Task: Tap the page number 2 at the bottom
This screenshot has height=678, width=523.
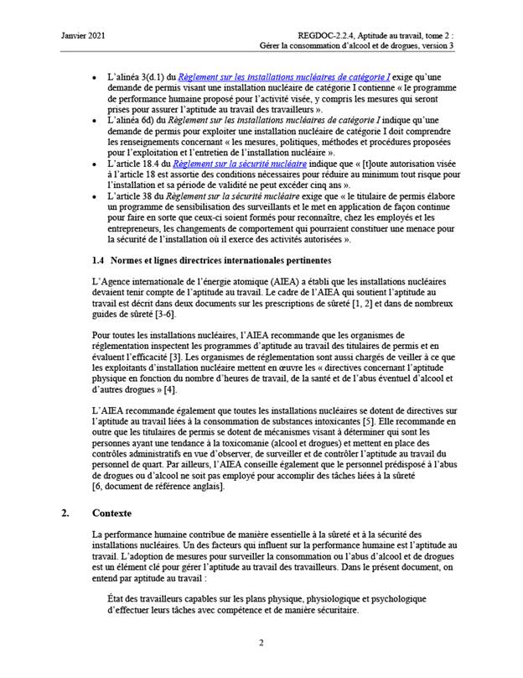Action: pyautogui.click(x=261, y=643)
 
